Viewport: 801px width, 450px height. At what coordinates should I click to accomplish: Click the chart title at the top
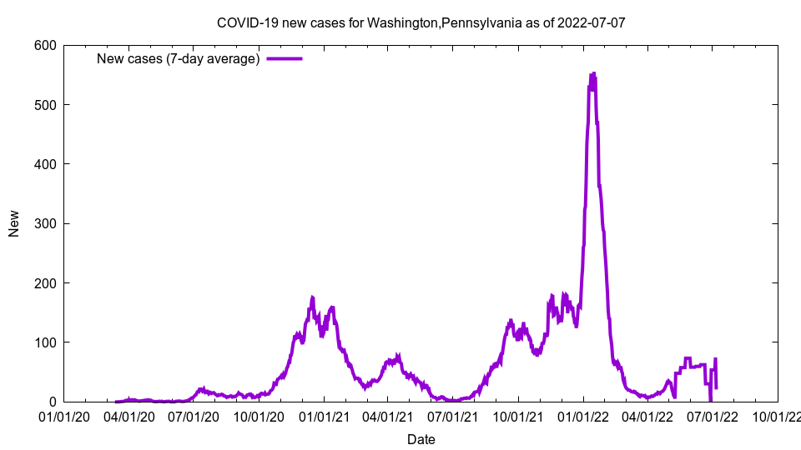(421, 22)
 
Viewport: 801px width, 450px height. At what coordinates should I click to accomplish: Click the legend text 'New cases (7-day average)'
(178, 58)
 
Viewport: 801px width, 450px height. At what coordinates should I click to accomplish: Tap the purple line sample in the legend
(284, 58)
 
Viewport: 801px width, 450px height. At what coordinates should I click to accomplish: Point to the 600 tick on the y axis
(46, 46)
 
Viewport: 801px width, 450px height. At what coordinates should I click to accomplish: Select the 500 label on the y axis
(46, 105)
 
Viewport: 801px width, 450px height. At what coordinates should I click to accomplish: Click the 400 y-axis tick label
(46, 164)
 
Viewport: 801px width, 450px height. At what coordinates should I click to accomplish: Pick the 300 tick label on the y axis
(46, 224)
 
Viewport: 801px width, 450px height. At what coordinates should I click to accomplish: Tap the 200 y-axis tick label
(46, 283)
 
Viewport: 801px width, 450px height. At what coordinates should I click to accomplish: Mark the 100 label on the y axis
(46, 342)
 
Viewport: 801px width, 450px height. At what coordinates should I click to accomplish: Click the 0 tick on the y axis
(53, 402)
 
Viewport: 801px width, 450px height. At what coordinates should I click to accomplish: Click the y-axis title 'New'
(14, 223)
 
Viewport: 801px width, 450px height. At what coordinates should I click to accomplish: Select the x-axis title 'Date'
(421, 439)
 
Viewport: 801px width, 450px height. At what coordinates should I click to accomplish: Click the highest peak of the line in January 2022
(593, 73)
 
